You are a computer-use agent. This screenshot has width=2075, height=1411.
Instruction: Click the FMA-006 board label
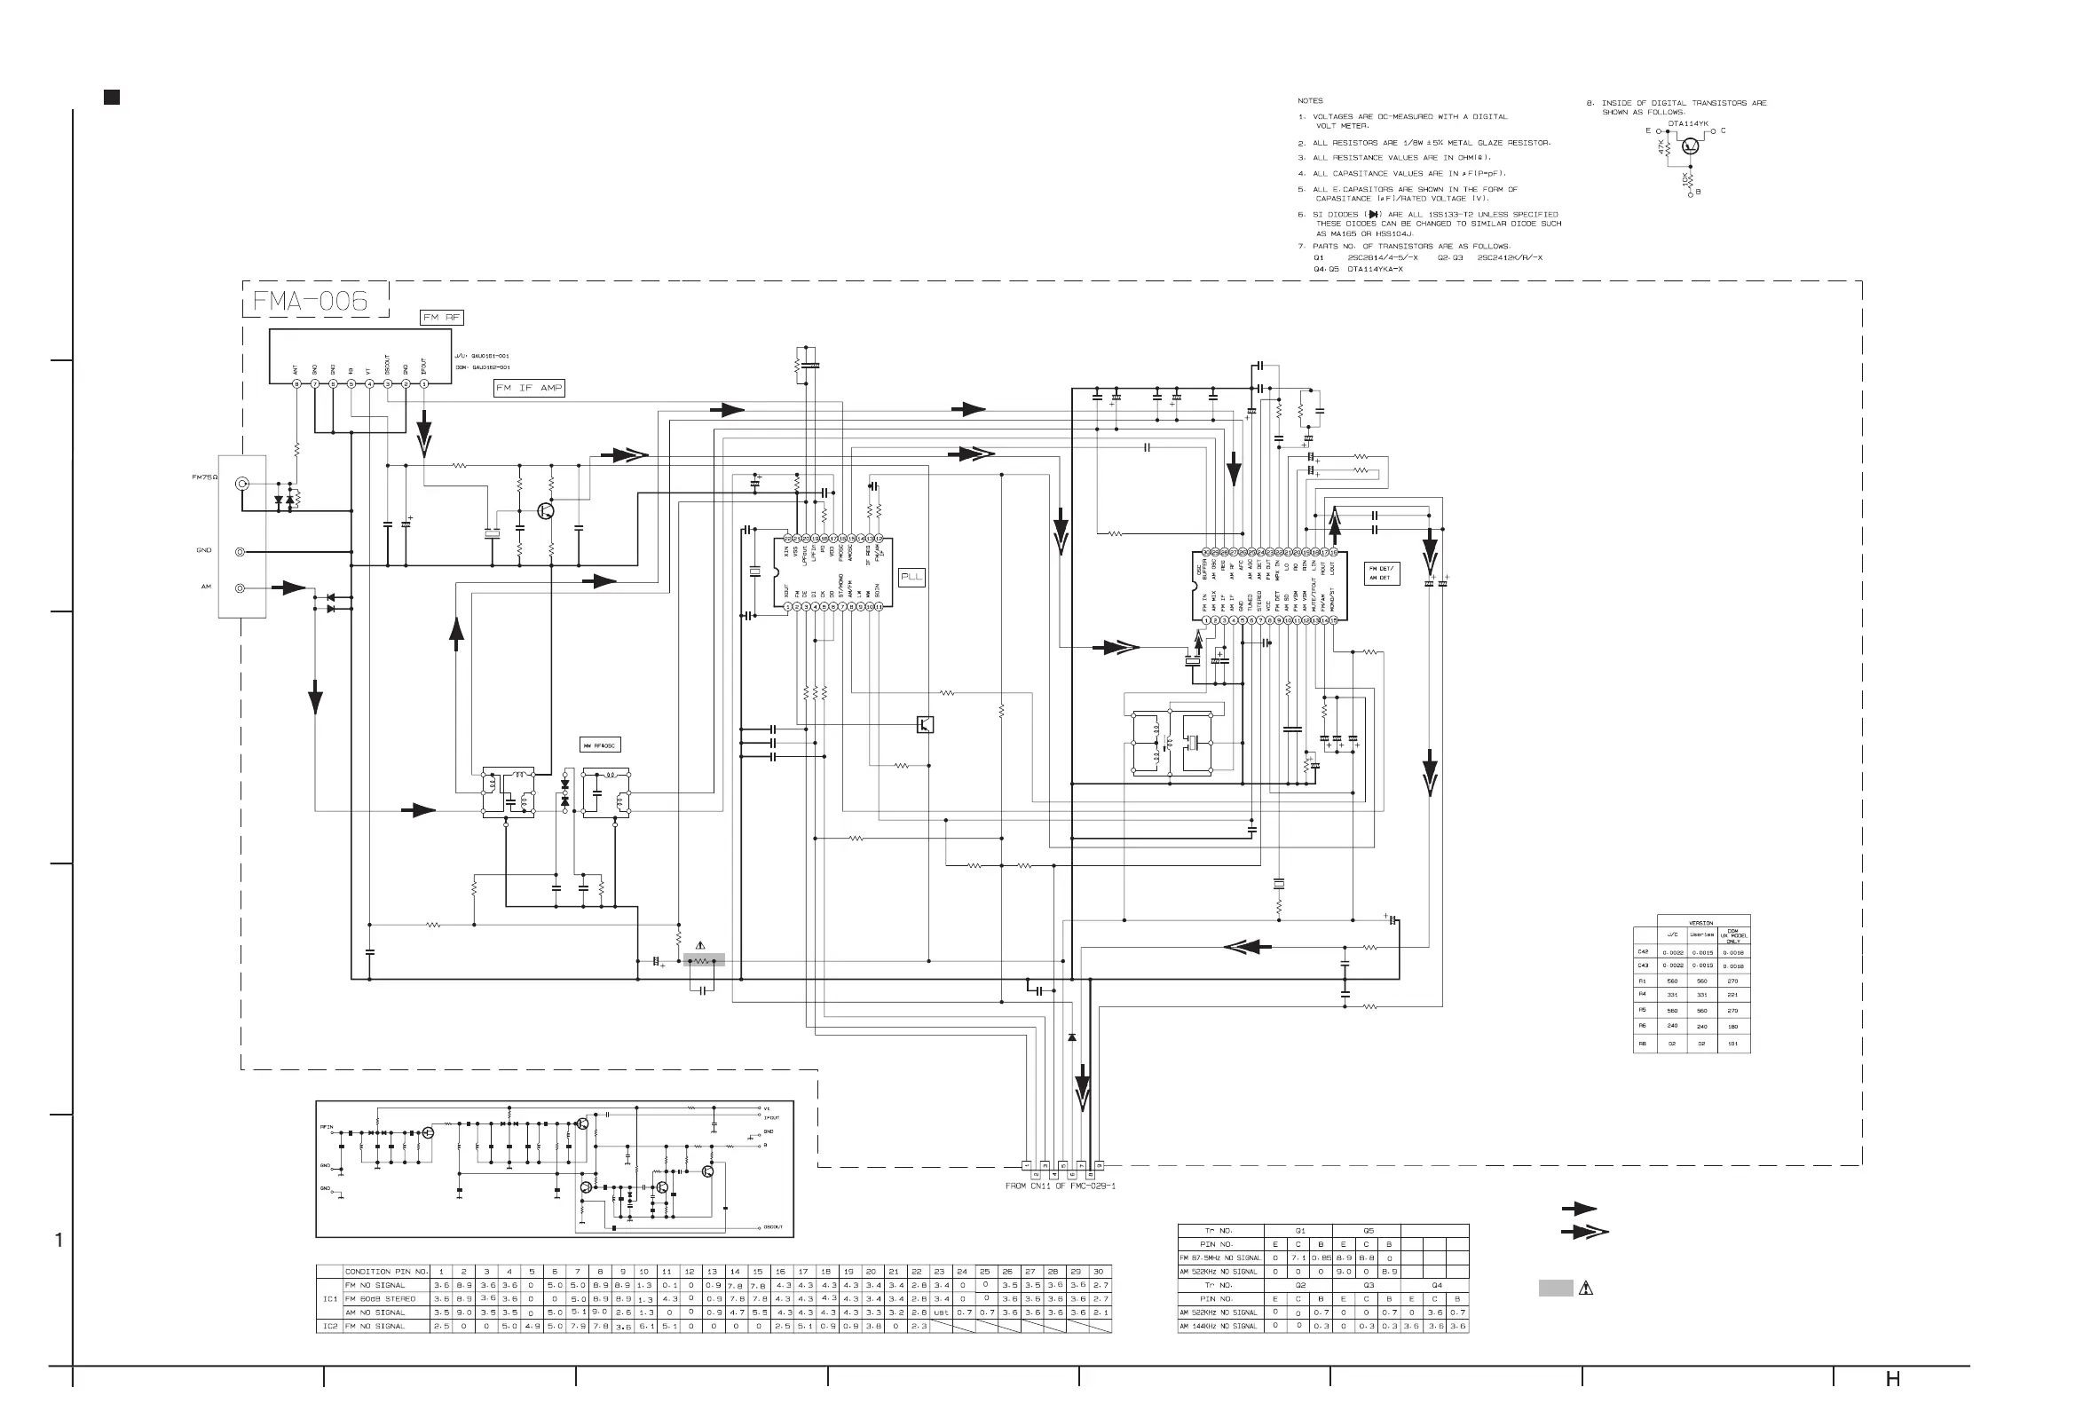(x=311, y=301)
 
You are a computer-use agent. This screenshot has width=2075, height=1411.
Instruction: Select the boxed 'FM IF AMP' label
(x=530, y=388)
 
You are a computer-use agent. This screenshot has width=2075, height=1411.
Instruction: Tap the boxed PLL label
(x=911, y=577)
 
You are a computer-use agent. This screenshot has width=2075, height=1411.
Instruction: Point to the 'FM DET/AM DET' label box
(x=1381, y=573)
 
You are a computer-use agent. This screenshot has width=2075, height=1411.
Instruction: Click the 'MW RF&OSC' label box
(x=600, y=745)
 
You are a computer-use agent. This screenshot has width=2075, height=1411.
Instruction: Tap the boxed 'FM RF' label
(x=441, y=317)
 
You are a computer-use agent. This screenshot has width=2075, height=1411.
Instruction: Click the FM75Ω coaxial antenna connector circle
(x=241, y=484)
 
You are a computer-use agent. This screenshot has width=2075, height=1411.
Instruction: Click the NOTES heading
(x=1310, y=101)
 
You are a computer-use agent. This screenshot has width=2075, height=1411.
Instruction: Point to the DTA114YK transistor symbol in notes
(x=1689, y=146)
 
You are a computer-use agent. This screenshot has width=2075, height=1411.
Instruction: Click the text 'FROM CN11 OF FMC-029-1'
(x=1060, y=1186)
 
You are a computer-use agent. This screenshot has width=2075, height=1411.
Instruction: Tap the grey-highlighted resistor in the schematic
(x=704, y=961)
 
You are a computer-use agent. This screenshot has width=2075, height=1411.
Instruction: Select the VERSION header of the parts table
(x=1700, y=923)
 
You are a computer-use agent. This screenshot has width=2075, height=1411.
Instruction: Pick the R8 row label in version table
(x=1643, y=1043)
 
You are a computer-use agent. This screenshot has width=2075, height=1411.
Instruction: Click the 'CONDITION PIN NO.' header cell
(x=387, y=1272)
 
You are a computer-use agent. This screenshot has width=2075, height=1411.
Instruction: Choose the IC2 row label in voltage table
(x=329, y=1326)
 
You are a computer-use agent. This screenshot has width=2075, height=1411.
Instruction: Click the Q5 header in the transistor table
(x=1368, y=1231)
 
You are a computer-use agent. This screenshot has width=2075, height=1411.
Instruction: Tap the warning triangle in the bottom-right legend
(x=1586, y=1288)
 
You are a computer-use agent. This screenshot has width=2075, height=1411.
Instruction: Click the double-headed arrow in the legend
(x=1584, y=1232)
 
